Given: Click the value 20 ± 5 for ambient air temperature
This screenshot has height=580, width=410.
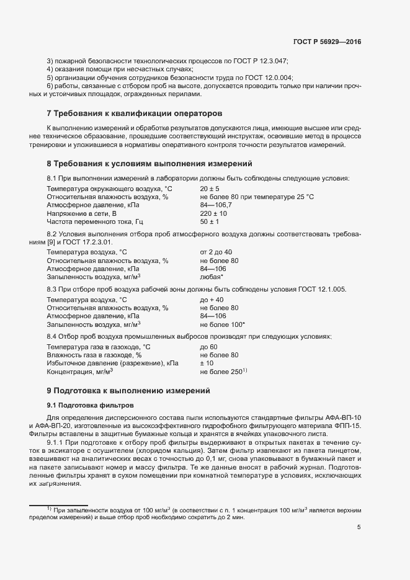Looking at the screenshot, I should [210, 189].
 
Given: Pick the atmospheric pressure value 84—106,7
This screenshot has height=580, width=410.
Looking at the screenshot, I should [216, 205].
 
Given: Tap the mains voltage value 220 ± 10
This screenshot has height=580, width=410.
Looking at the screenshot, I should [212, 213].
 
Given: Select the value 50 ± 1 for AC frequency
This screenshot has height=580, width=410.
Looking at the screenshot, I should [210, 222].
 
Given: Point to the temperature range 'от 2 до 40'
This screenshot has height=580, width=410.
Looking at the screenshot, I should [216, 252].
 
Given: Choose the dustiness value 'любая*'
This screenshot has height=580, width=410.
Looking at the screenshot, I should [212, 277].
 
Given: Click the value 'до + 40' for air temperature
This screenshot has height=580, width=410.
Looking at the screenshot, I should [212, 300].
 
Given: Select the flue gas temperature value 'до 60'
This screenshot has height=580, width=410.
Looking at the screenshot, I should [208, 347].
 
